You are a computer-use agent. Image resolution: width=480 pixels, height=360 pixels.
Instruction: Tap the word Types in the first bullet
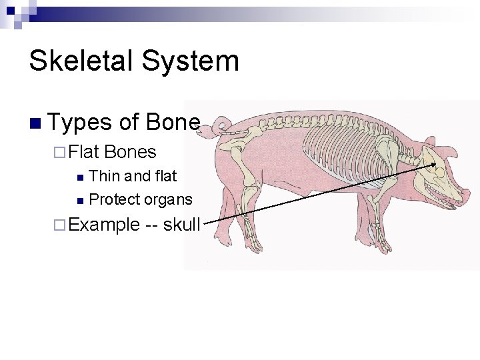79,122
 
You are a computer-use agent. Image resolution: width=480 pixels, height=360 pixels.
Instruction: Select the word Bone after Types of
173,122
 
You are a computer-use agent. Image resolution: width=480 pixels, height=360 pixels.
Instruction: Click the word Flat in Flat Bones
83,152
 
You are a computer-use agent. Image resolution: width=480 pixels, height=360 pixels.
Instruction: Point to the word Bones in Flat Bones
130,152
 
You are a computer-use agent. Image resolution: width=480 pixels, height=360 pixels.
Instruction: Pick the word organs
168,199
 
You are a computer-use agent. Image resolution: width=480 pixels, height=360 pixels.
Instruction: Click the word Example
103,224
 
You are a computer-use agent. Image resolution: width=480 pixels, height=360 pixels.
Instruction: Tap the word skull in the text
181,224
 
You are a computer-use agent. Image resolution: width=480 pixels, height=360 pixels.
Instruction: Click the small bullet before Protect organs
79,200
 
